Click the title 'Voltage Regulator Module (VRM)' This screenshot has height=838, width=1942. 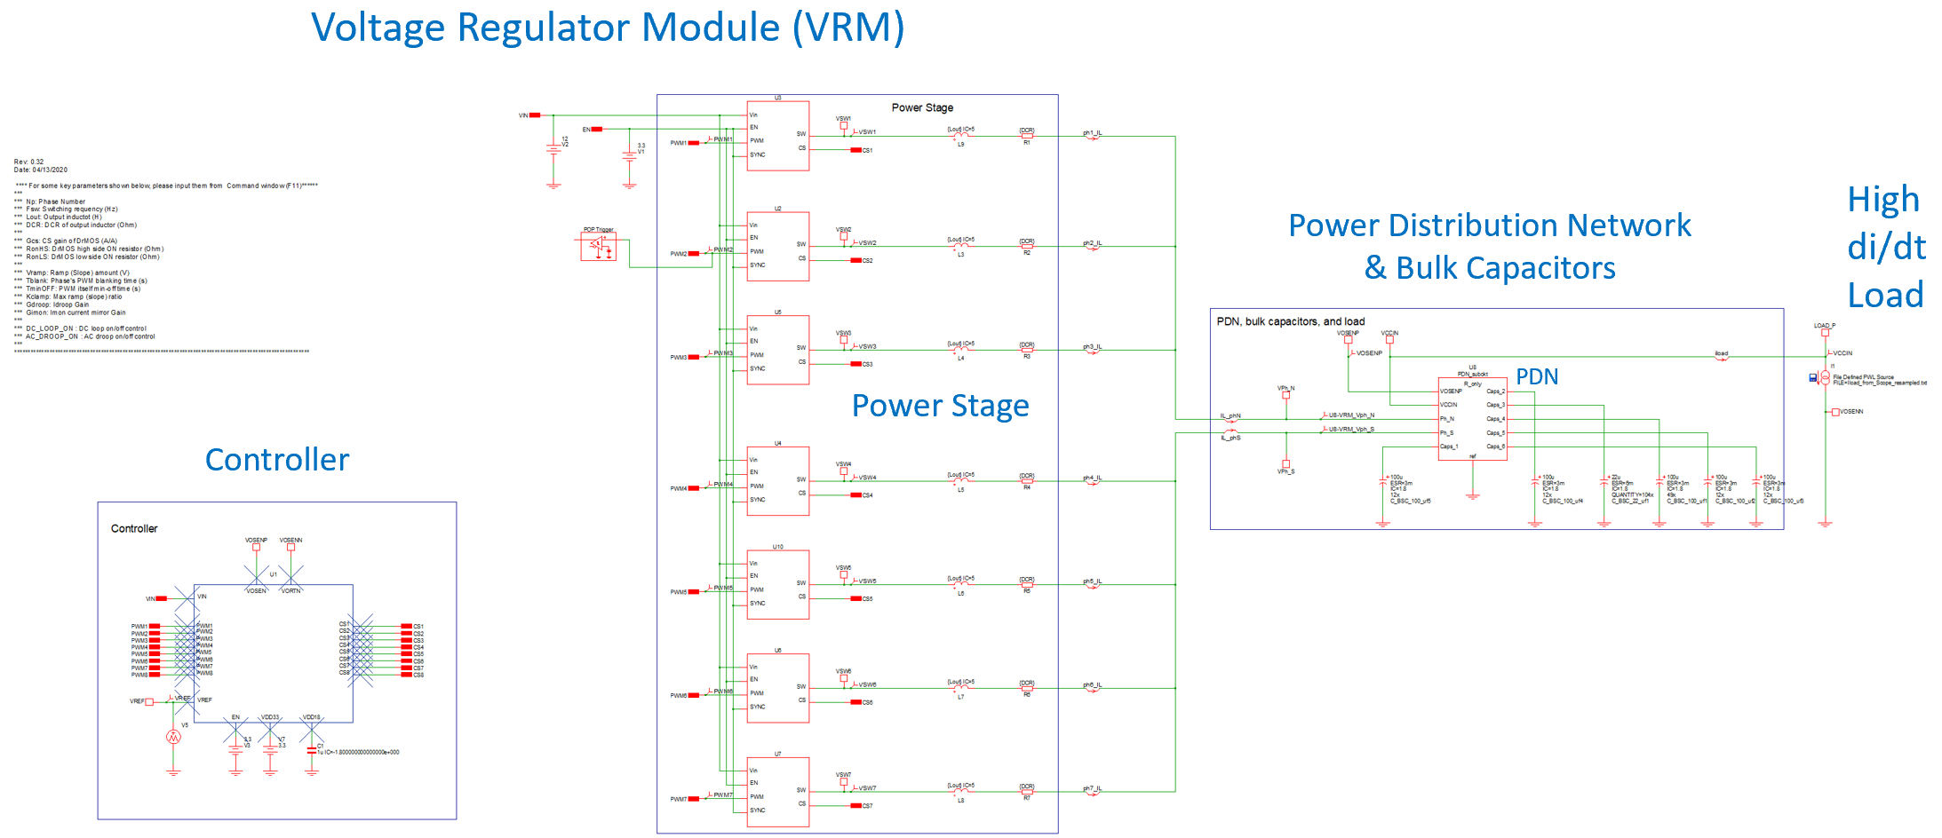coord(608,28)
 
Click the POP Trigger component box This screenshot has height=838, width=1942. coord(598,247)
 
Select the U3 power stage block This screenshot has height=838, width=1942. coord(777,136)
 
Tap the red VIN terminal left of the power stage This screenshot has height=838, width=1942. coord(535,115)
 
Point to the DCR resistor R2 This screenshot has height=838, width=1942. coord(1027,246)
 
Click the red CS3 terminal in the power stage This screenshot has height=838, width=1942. coord(856,364)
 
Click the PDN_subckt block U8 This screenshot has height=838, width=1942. coord(1472,417)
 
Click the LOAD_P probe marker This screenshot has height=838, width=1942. coord(1825,332)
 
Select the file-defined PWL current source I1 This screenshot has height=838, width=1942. coord(1825,377)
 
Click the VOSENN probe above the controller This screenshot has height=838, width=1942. coord(291,547)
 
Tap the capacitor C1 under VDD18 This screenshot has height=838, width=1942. coord(311,751)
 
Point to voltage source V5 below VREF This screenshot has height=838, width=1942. coord(173,737)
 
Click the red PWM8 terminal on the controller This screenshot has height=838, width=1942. coord(155,675)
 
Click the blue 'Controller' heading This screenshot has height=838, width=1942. coord(277,460)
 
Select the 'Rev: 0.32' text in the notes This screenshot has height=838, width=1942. coord(29,162)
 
